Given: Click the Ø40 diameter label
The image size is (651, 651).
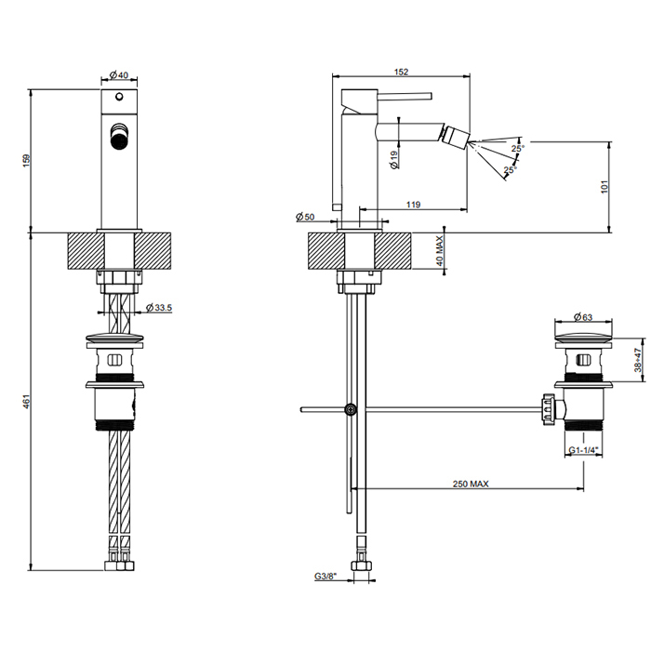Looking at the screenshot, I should click(118, 74).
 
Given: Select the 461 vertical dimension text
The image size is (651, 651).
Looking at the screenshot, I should click(27, 401).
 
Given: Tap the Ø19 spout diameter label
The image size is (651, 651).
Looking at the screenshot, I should click(394, 159).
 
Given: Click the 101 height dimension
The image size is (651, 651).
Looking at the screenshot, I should click(605, 187).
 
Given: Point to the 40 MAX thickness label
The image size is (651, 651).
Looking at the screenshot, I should click(441, 250).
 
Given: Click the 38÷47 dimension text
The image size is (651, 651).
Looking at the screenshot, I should click(637, 360).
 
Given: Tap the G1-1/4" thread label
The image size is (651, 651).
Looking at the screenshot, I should click(583, 450).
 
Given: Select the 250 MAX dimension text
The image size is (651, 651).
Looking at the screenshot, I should click(472, 484).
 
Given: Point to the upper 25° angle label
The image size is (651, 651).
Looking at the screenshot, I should click(517, 148).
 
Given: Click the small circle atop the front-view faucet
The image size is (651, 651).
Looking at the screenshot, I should click(119, 97).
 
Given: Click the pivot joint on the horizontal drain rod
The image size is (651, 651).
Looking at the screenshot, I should click(351, 408).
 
